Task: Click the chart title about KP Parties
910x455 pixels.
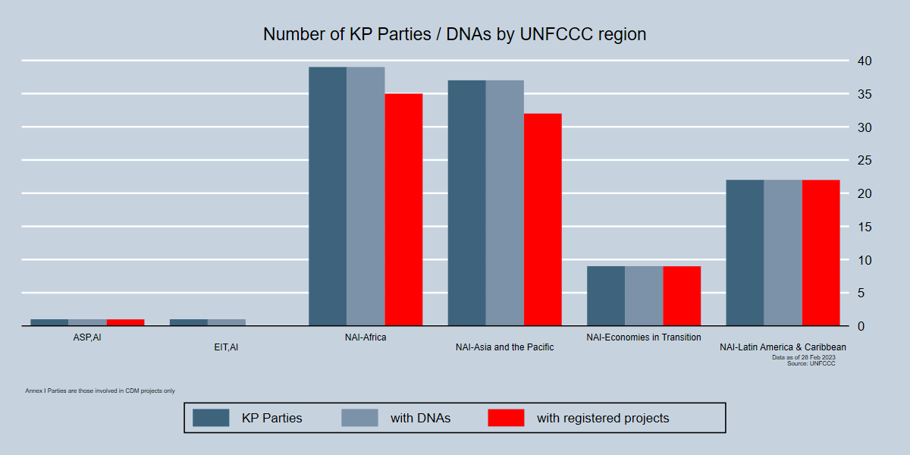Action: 454,34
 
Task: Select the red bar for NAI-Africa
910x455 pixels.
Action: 403,209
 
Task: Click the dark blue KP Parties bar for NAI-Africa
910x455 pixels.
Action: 328,196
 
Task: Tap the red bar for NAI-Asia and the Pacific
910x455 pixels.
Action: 543,219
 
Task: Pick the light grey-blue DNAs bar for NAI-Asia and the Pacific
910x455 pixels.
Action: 505,202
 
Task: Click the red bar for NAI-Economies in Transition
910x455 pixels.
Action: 682,296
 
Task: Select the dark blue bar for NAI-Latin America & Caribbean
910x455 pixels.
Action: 745,253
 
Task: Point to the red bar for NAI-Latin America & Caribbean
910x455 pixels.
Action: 821,253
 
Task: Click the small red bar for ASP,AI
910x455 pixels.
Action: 125,322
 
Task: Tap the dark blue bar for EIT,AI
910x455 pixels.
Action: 189,322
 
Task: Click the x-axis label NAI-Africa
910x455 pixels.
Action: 366,337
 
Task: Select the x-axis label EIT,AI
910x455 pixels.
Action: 226,347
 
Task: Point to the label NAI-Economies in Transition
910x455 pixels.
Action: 644,337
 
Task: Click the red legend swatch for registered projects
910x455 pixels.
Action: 506,418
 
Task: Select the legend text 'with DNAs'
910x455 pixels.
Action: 420,418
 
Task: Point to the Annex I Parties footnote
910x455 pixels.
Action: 100,391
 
